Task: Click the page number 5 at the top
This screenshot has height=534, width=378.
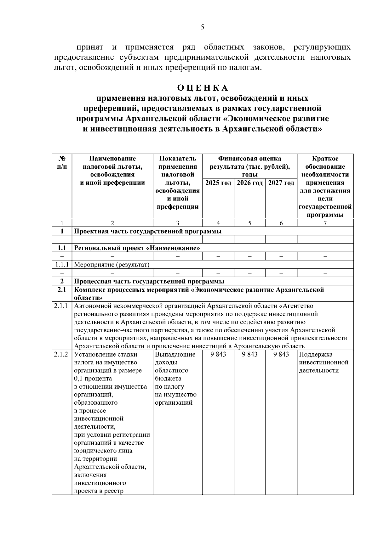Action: coord(202,27)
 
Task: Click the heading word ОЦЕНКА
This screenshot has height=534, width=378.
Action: coord(202,87)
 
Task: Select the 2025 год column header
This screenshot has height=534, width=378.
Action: coord(218,183)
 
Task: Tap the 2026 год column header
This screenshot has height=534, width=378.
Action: coord(250,183)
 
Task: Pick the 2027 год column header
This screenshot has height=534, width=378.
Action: coord(281,183)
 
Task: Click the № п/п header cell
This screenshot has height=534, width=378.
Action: coord(62,162)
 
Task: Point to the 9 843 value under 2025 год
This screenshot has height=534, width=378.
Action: coord(218,354)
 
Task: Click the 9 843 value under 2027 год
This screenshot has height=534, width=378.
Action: coord(281,354)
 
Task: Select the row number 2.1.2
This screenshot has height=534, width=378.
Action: coord(61,354)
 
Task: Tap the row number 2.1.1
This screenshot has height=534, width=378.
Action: coord(61,306)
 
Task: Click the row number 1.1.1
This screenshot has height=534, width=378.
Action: coord(62,265)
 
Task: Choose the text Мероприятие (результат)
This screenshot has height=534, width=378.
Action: coord(112,265)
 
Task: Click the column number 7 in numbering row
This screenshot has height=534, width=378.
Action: coord(325,223)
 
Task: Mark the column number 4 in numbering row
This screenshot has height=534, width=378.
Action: coord(218,223)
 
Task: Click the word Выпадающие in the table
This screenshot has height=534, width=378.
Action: coord(175,354)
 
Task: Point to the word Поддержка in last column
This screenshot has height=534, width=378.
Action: coord(316,354)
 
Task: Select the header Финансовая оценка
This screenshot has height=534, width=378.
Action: coord(250,159)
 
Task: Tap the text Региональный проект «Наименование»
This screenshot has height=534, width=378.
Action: coord(137,248)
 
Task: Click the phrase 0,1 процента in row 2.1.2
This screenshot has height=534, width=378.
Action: coord(93,379)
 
